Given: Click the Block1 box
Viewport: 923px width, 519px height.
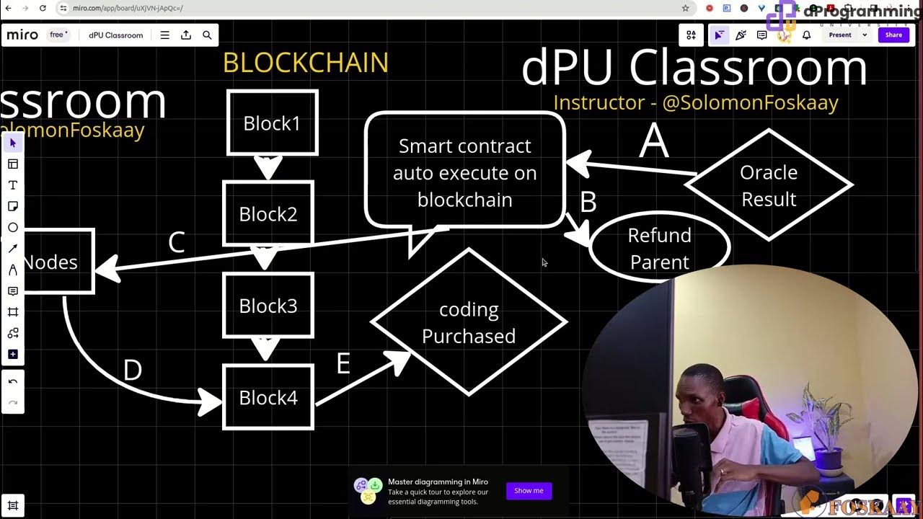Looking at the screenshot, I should tap(272, 123).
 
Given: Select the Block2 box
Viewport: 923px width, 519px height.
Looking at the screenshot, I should tap(268, 213).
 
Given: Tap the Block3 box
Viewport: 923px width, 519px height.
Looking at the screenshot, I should tap(268, 305).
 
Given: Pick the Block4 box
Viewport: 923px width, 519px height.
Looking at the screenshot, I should tap(268, 397).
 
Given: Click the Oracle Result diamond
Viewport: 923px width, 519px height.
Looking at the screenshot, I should tap(769, 185).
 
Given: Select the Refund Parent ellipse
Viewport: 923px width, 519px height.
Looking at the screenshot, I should tap(659, 248).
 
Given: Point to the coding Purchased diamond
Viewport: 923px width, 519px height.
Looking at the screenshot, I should tap(469, 322).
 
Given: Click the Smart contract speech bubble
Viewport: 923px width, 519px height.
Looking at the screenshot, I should tap(465, 172).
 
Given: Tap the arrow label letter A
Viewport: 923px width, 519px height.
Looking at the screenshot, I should tap(654, 141).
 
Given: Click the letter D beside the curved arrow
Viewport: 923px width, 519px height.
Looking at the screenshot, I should tap(133, 371).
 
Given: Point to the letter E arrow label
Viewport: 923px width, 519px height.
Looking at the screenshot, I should tap(343, 364).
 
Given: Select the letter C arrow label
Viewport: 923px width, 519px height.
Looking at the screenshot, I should tap(177, 243).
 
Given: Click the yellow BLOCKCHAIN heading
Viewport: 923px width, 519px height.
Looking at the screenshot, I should tap(306, 63).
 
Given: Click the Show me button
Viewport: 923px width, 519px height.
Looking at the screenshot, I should tap(529, 491).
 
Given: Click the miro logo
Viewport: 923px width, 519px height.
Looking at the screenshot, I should tap(22, 35).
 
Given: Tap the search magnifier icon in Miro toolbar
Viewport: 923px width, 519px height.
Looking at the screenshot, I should tap(207, 35).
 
